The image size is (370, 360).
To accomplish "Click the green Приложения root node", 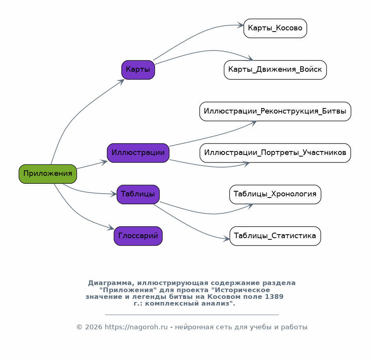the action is pos(48,174).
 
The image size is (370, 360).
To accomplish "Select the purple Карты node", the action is pos(138,70).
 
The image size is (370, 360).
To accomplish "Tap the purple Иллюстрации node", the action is pos(138,153).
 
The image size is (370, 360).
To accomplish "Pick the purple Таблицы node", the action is pos(138,194).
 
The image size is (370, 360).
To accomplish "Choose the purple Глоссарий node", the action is pos(138,236).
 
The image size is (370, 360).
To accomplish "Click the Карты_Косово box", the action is pos(275,28).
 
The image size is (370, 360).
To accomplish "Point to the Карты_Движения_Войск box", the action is pos(275,70).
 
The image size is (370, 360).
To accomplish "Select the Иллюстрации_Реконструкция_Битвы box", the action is pos(275,112).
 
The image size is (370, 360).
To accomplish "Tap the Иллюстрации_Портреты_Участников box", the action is pos(275,153).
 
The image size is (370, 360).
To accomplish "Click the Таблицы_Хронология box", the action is pos(275,194).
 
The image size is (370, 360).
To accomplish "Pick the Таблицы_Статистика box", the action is pos(275,236).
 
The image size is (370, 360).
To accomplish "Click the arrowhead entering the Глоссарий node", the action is pos(111,228).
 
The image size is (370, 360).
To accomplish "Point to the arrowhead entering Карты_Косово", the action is pos(240,25).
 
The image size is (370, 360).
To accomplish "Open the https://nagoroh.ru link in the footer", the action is pos(136,327).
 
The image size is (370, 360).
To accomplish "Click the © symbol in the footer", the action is pos(79,327).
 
